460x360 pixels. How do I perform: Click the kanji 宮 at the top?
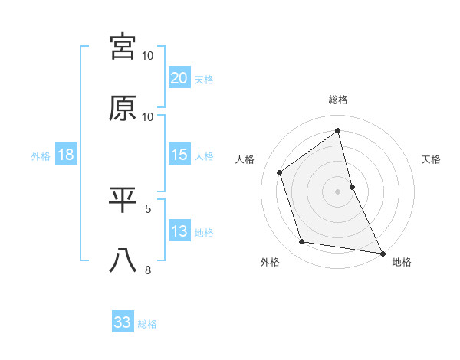tap(123, 47)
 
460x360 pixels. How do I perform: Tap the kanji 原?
tap(123, 108)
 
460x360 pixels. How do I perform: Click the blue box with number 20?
tap(179, 77)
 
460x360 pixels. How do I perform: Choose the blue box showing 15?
tap(179, 155)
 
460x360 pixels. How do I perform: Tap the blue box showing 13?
tap(179, 231)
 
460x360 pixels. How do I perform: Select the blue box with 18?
tap(66, 155)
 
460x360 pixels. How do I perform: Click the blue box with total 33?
tap(123, 322)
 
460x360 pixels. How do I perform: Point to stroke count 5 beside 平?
tap(149, 208)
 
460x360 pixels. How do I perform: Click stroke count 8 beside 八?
tap(149, 269)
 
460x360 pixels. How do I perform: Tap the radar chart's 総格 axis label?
tap(338, 100)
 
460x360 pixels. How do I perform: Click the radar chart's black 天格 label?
tap(432, 159)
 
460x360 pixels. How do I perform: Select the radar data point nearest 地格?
tap(382, 253)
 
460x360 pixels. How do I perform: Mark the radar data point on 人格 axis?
tap(280, 172)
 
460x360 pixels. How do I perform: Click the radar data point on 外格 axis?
tap(302, 242)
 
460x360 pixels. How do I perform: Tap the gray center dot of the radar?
tap(338, 191)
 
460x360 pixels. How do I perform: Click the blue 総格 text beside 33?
tap(147, 324)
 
